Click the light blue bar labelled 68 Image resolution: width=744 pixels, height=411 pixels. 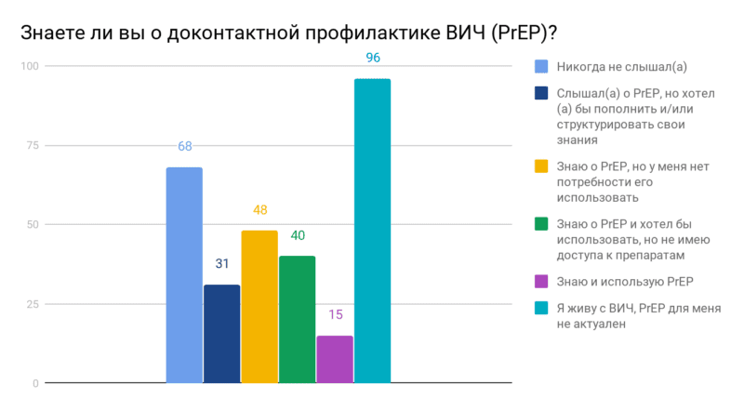184,275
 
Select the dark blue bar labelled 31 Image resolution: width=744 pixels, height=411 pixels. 221,334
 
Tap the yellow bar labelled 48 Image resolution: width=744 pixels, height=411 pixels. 259,307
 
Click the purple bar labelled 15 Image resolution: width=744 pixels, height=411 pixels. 335,359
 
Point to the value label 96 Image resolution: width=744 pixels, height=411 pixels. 373,58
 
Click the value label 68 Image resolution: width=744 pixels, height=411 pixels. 184,146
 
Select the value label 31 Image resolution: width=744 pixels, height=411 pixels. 221,264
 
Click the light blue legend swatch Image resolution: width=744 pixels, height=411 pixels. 540,66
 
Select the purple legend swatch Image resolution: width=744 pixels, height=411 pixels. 540,280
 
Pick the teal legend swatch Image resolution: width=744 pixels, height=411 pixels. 540,307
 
